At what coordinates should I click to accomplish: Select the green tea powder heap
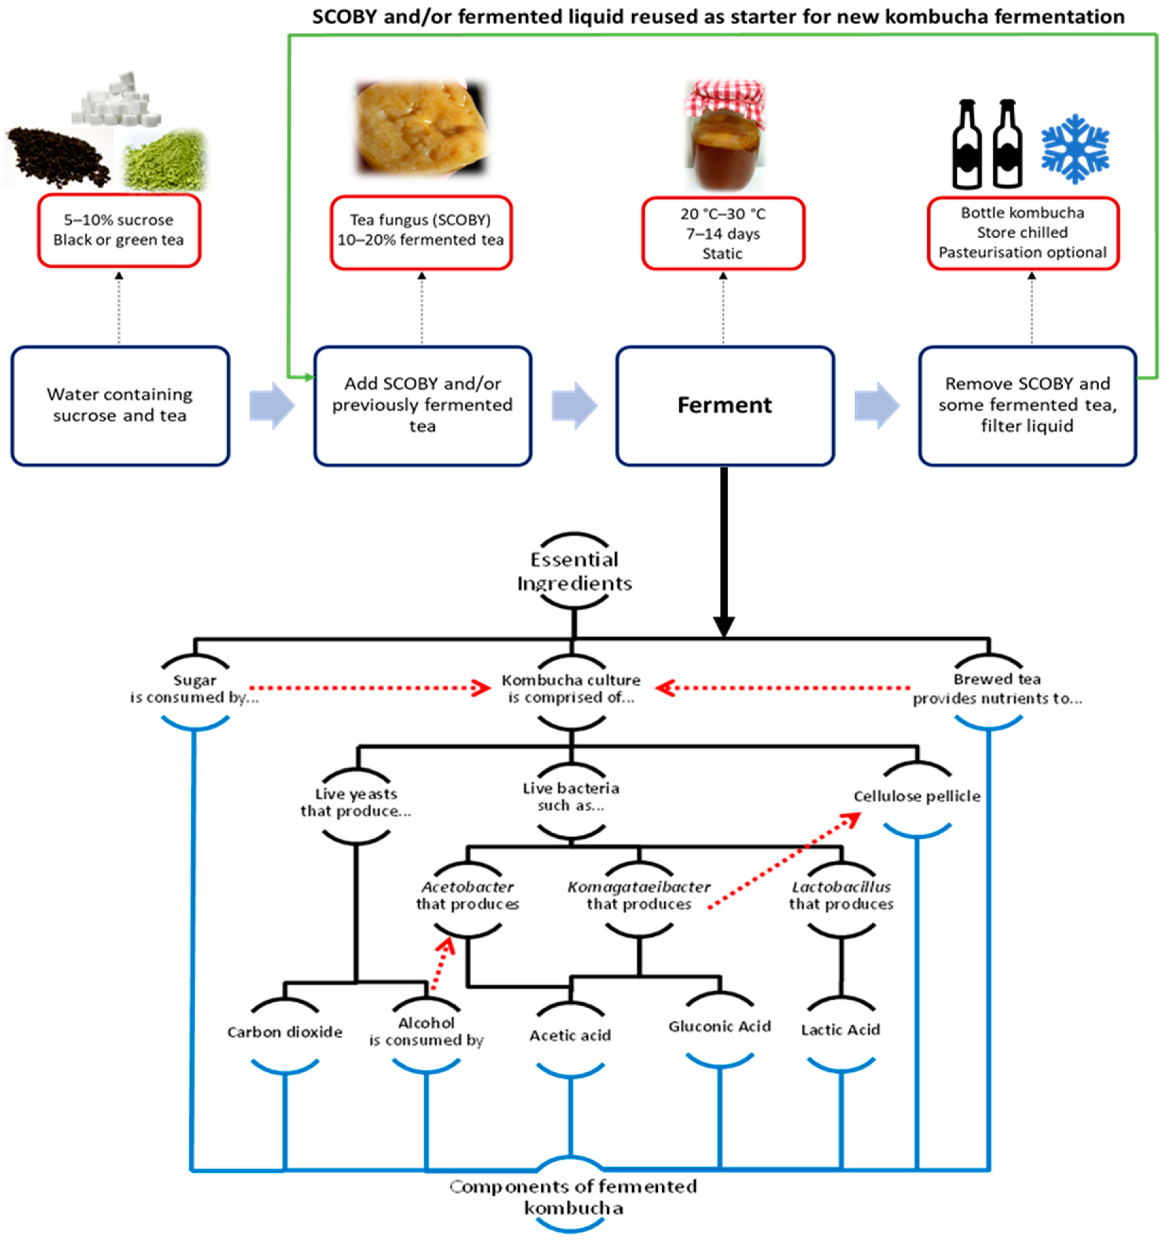[164, 161]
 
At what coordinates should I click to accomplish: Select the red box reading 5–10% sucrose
[119, 230]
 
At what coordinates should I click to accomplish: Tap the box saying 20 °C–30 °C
[723, 233]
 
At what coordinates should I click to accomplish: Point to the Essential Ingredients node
[574, 571]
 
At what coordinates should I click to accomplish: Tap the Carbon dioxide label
[285, 1032]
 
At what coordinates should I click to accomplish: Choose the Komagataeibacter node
[638, 895]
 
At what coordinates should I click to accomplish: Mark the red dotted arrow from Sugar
[369, 689]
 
